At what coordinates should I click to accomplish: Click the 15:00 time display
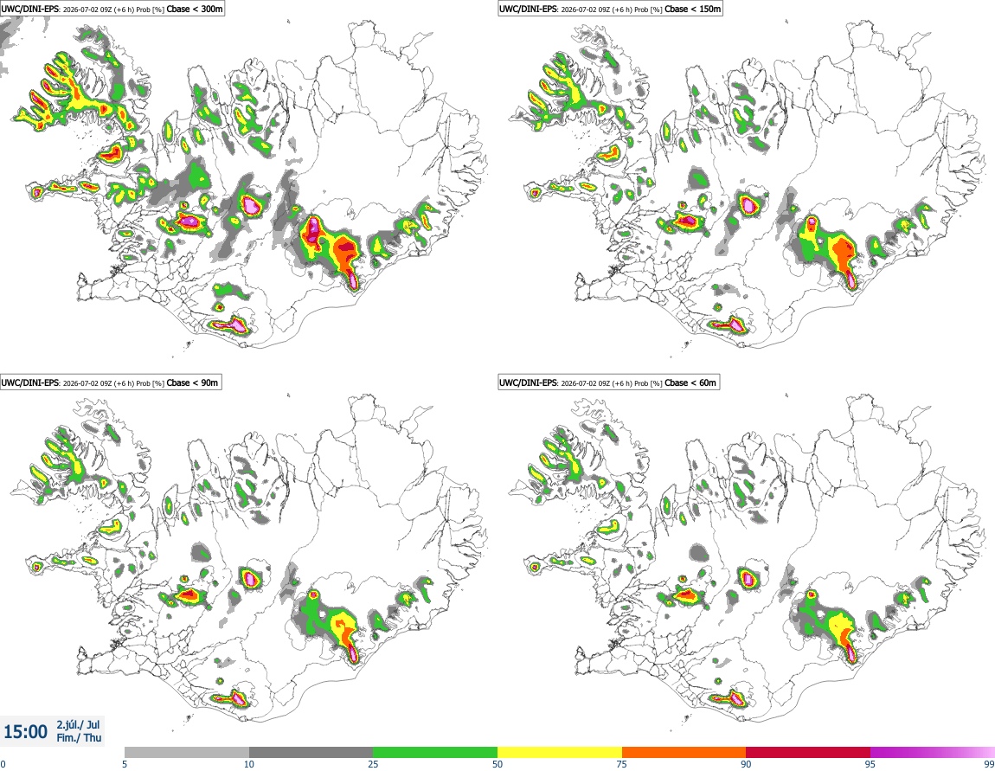pyautogui.click(x=25, y=732)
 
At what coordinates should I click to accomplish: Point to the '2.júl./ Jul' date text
pyautogui.click(x=78, y=724)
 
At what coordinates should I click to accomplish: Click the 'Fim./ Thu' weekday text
pyautogui.click(x=79, y=737)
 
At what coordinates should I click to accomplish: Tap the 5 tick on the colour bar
pyautogui.click(x=125, y=764)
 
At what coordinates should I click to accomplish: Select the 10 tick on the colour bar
pyautogui.click(x=249, y=764)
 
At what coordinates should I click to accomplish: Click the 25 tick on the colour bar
pyautogui.click(x=373, y=764)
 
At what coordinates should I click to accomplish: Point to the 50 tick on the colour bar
pyautogui.click(x=497, y=764)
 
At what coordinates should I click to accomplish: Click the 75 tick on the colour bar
pyautogui.click(x=622, y=764)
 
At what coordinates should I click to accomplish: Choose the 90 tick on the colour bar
pyautogui.click(x=746, y=764)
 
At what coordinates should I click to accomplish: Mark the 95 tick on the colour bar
pyautogui.click(x=870, y=764)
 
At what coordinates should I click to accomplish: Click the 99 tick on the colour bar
pyautogui.click(x=989, y=764)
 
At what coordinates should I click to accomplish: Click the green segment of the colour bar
pyautogui.click(x=435, y=752)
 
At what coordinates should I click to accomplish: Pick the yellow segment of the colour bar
pyautogui.click(x=560, y=752)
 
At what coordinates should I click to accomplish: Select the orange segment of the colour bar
pyautogui.click(x=684, y=752)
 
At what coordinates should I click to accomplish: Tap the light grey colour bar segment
pyautogui.click(x=187, y=752)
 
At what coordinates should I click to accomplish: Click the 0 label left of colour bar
pyautogui.click(x=3, y=764)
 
